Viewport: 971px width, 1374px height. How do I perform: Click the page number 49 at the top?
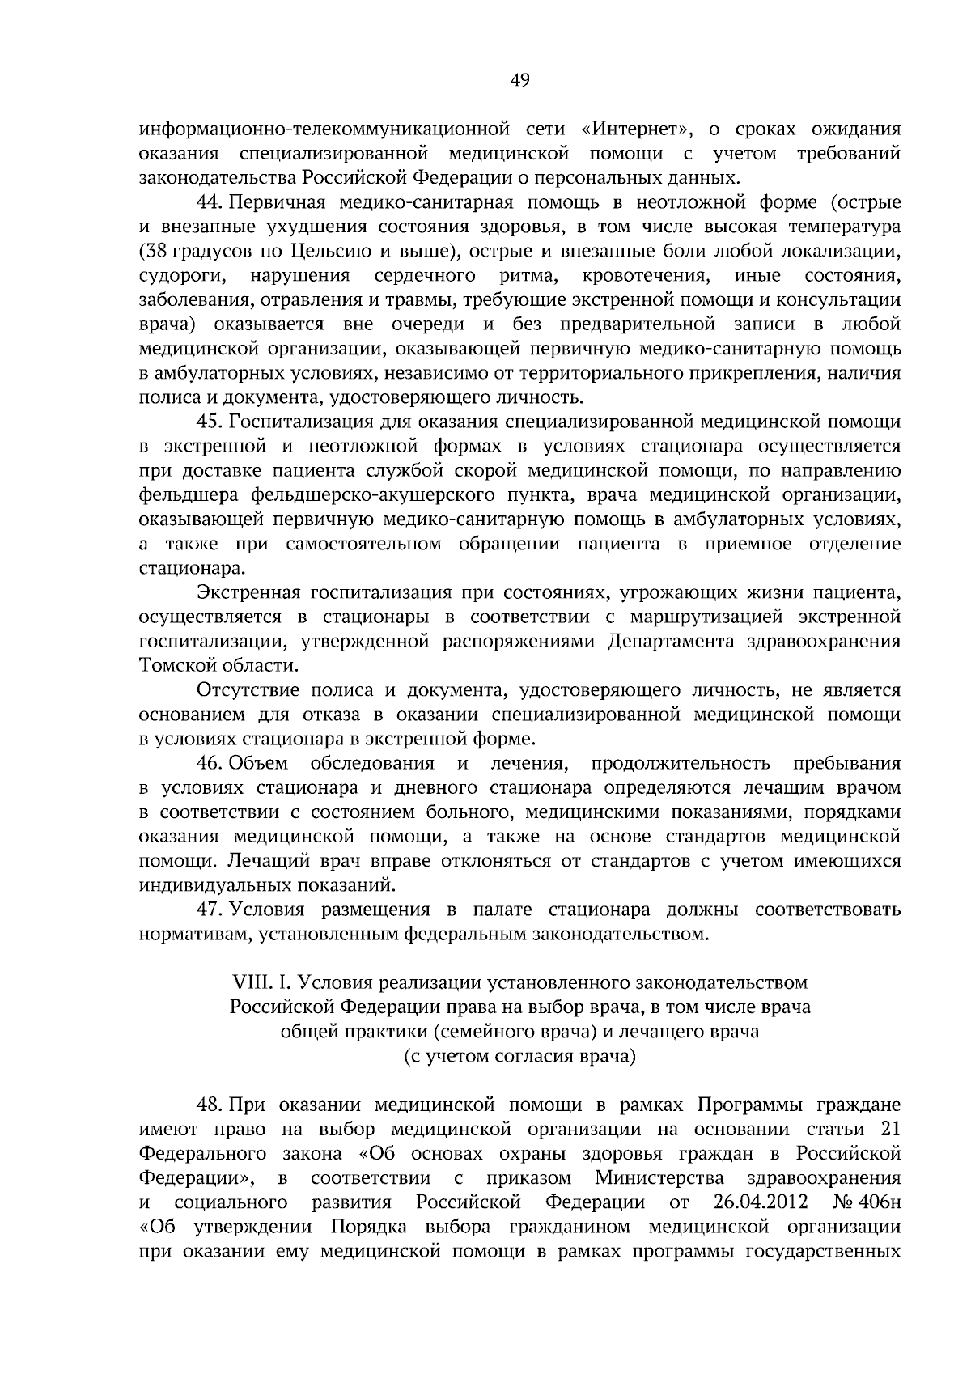coord(519,79)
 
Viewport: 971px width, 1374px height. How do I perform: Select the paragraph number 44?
coord(210,202)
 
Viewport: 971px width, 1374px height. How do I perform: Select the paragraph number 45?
coord(210,422)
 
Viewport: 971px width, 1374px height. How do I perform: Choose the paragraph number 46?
coord(210,764)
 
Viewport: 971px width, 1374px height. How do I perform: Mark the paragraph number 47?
coord(210,910)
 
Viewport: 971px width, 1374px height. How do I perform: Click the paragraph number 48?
coord(210,1105)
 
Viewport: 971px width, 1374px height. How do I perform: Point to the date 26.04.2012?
coord(762,1202)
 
